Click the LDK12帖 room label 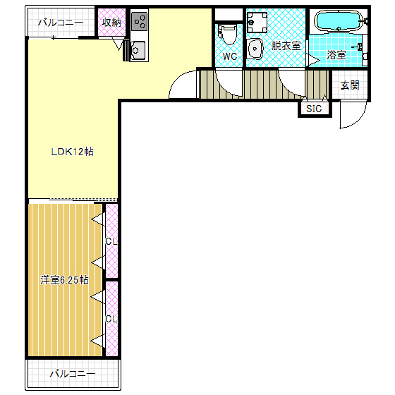(72, 152)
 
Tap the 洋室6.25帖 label (64, 280)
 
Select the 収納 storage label (111, 23)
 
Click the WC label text (230, 56)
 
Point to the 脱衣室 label (286, 46)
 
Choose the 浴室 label (336, 55)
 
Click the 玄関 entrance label (350, 85)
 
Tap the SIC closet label (314, 109)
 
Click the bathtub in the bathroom (339, 21)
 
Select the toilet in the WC (228, 35)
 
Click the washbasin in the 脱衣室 (255, 49)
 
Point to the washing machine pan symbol (257, 23)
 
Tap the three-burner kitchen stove (140, 22)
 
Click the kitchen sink (138, 51)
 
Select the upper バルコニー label (61, 23)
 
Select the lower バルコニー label (73, 374)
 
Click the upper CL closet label (111, 241)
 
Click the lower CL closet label (111, 319)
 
